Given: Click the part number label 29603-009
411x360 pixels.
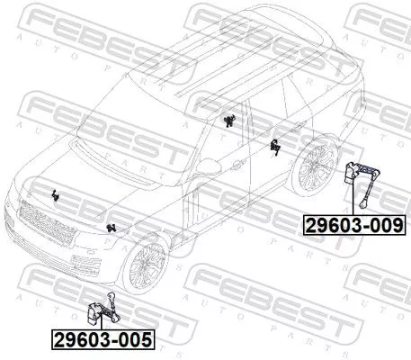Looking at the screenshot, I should [353, 224].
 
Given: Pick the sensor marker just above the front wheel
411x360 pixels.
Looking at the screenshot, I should [111, 226].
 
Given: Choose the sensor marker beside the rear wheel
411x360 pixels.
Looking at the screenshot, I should [275, 146].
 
